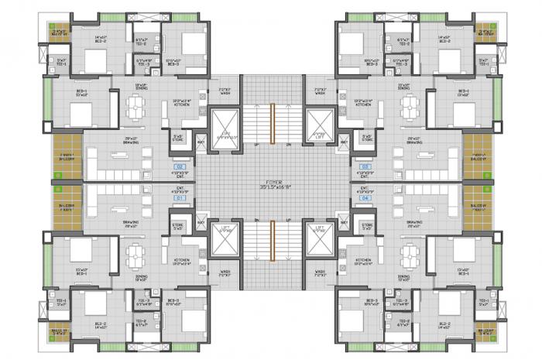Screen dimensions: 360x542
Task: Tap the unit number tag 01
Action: click(x=181, y=198)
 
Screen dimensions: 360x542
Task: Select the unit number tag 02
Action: click(x=181, y=166)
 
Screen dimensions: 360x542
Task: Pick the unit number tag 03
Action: click(x=364, y=166)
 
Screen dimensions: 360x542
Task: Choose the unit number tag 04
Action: click(x=364, y=198)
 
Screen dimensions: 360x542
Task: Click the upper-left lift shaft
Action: click(x=225, y=124)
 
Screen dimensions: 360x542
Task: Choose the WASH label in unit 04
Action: click(x=320, y=273)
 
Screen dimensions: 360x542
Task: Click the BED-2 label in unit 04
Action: click(x=444, y=326)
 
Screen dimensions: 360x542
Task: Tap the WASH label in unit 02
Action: click(x=225, y=92)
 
